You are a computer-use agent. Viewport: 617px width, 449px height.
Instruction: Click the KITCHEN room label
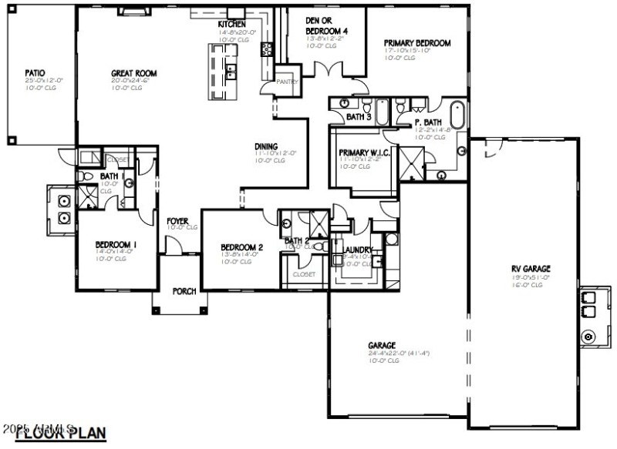point(232,25)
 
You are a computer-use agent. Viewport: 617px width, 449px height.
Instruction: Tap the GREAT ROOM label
point(133,74)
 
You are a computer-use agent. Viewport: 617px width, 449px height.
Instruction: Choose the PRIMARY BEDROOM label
point(417,44)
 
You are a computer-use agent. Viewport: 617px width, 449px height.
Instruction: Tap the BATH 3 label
point(359,117)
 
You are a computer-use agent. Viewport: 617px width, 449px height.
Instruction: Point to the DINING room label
point(267,146)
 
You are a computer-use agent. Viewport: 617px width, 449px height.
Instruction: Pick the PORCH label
point(184,291)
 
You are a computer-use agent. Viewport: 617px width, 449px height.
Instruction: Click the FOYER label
point(177,221)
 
